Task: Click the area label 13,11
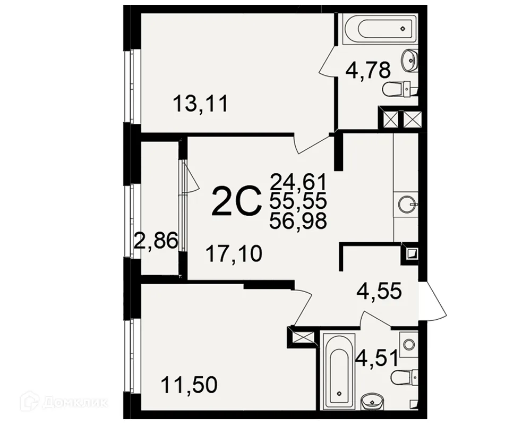tap(201, 104)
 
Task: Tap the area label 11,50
tap(189, 385)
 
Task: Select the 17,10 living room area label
tap(234, 254)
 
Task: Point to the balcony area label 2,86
tap(156, 240)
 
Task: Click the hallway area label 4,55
tap(379, 291)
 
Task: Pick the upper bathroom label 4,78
tap(368, 71)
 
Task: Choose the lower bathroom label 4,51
tap(376, 359)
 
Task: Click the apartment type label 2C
tap(237, 202)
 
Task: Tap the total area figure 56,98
tap(298, 222)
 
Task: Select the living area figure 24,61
tap(298, 182)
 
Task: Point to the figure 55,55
tap(298, 201)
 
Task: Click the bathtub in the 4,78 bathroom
tap(381, 29)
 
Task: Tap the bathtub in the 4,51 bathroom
tap(339, 371)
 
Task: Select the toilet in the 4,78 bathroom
tap(400, 89)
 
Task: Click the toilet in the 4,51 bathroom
tap(405, 377)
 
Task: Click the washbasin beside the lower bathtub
tap(372, 402)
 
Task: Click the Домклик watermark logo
tap(64, 402)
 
